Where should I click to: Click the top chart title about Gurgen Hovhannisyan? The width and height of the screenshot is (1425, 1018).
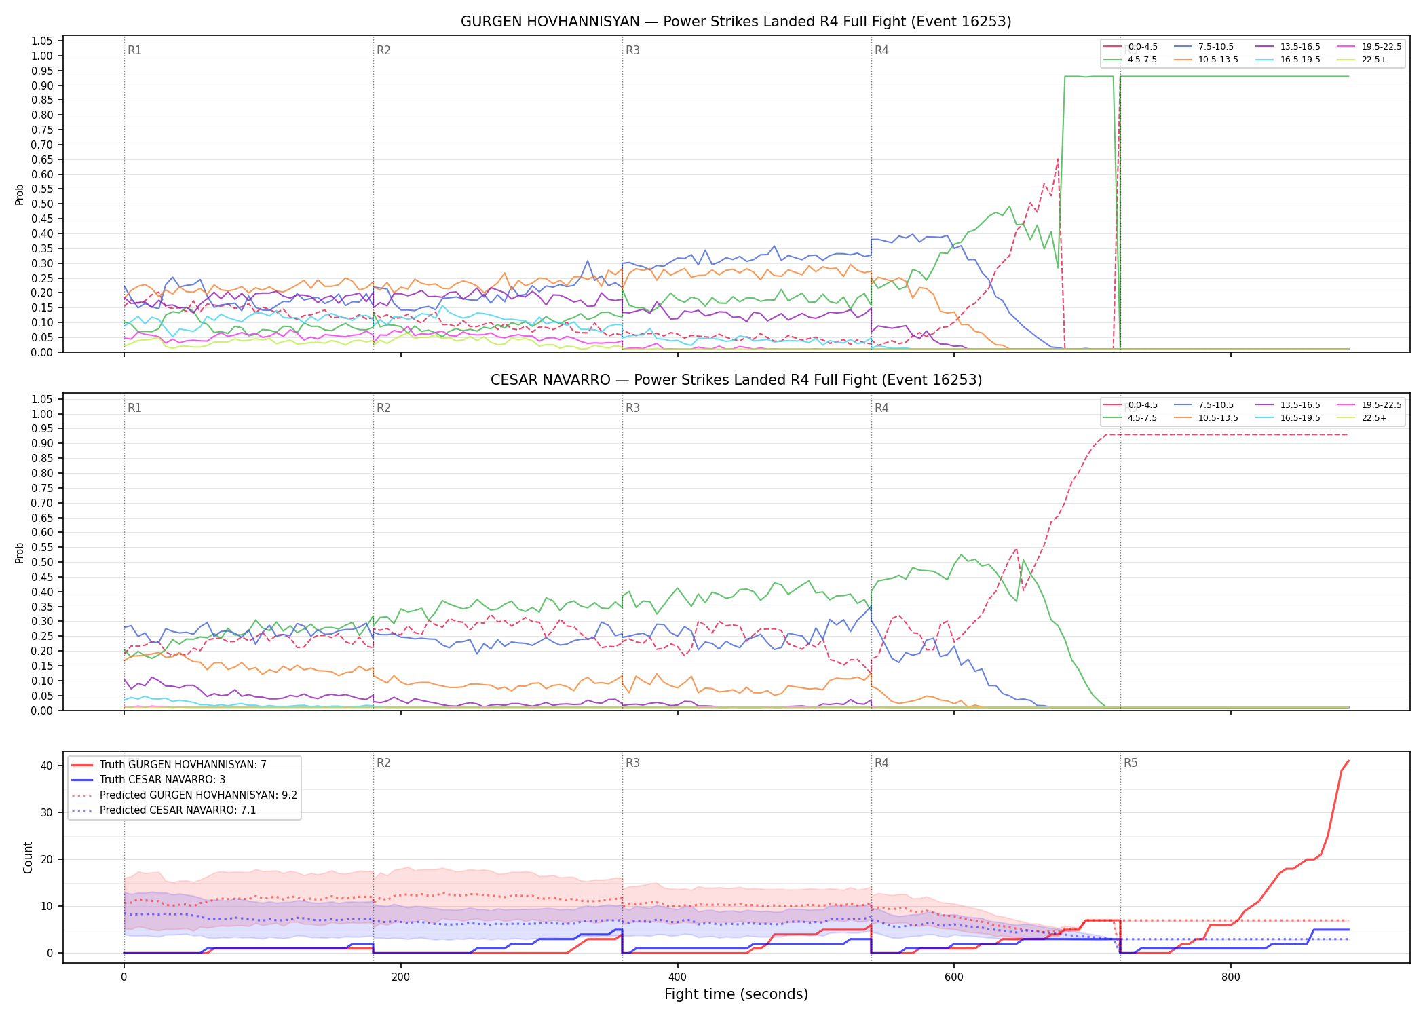tap(736, 22)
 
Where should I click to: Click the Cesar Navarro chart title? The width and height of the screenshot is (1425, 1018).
tap(736, 380)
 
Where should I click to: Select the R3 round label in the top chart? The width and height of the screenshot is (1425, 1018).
tap(632, 50)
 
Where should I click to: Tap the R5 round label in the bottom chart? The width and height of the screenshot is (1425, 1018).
tap(1130, 763)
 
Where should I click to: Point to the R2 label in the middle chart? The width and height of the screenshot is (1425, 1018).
tap(383, 408)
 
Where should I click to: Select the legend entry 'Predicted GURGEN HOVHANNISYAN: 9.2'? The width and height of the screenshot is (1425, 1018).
tap(184, 795)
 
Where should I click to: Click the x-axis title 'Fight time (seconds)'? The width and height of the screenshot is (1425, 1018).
tap(736, 994)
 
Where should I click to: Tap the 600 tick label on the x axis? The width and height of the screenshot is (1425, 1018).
tap(954, 977)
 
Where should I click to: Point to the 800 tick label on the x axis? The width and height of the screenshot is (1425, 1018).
tap(1230, 977)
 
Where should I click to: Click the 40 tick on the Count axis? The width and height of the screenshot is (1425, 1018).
tap(47, 766)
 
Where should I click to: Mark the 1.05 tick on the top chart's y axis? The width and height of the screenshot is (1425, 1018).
tap(42, 41)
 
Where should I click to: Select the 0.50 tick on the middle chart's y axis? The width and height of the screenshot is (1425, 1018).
tap(42, 562)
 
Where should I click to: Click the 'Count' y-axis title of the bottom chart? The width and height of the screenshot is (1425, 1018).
tap(28, 857)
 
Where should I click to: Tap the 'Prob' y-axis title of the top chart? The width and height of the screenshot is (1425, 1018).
tap(20, 195)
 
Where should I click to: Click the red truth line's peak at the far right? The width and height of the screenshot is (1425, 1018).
tap(1348, 761)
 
